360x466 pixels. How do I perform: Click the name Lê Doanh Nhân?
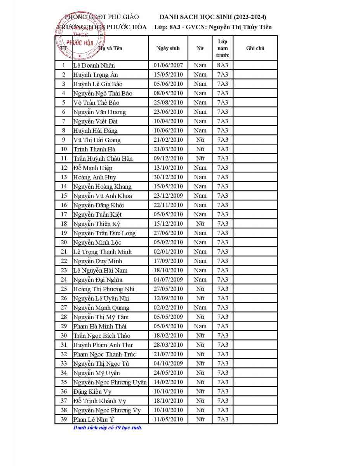[94, 65]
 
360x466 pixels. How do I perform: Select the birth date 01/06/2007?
[168, 65]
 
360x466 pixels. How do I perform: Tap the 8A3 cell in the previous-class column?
[223, 65]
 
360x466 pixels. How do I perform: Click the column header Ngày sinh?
[168, 48]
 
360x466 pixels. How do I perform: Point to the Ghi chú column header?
[255, 48]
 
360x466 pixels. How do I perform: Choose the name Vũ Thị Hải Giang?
[97, 140]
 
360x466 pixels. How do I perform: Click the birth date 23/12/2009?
[168, 196]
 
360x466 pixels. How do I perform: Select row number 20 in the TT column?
[64, 242]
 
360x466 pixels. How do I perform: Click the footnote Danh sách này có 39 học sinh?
[108, 428]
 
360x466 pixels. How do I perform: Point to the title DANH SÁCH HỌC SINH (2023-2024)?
[213, 17]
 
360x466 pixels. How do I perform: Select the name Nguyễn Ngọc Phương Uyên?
[110, 382]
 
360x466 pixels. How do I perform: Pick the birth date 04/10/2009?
[168, 363]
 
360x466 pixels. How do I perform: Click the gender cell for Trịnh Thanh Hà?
[200, 149]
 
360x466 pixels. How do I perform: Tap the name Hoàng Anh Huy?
[89, 177]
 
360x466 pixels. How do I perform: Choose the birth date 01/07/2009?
[168, 280]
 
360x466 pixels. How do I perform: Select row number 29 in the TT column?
[64, 326]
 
